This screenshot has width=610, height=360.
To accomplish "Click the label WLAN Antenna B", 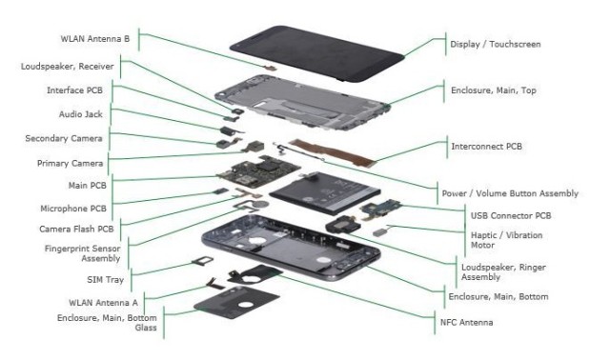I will pyautogui.click(x=92, y=39).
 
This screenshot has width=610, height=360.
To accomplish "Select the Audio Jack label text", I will pyautogui.click(x=81, y=114).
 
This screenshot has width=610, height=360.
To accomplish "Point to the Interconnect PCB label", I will pyautogui.click(x=485, y=147).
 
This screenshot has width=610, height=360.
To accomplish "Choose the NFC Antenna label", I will pyautogui.click(x=481, y=323).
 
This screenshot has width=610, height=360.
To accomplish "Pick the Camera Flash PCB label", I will pyautogui.click(x=77, y=230).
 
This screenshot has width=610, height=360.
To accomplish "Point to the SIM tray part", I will pyautogui.click(x=203, y=263).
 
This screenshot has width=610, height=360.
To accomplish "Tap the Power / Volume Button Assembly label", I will pyautogui.click(x=509, y=193).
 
